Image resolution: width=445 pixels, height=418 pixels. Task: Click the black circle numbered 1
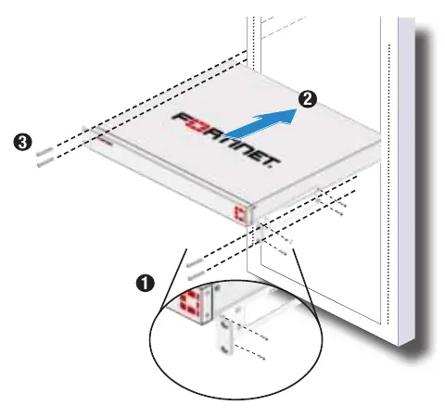(x=146, y=283)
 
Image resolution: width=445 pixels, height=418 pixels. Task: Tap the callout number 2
(x=308, y=99)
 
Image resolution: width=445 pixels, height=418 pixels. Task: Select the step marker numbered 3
(x=23, y=143)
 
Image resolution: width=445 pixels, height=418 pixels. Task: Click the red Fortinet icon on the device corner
(x=240, y=213)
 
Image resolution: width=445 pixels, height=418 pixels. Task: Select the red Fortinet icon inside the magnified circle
(x=190, y=304)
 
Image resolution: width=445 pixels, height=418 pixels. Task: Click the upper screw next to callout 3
(x=44, y=152)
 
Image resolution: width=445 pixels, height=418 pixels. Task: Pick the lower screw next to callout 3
(x=45, y=162)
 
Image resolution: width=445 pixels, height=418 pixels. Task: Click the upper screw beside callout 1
(x=195, y=263)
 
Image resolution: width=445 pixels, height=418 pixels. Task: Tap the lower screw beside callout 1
(x=197, y=275)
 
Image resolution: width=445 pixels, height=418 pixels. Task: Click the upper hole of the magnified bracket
(x=224, y=324)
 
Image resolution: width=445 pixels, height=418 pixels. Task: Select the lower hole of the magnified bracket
(x=225, y=349)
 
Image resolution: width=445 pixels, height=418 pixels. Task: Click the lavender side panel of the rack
(x=406, y=182)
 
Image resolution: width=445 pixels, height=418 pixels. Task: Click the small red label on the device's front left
(x=105, y=141)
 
